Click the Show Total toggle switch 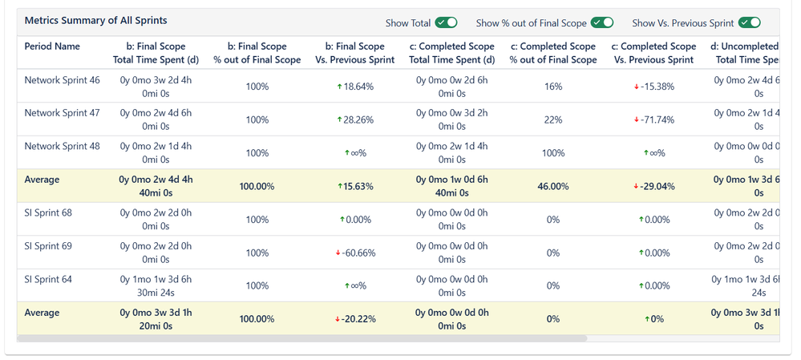[446, 22]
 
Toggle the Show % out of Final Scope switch [602, 22]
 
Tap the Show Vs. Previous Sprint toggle [749, 22]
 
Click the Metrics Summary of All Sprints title [96, 20]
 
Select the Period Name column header [52, 47]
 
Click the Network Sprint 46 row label [62, 80]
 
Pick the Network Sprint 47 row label [62, 113]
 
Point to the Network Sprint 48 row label [62, 147]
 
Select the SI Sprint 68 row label [48, 212]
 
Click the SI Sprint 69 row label [48, 246]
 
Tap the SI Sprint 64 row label [48, 279]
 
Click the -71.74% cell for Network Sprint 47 [653, 120]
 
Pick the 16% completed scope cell [552, 87]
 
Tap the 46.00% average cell [552, 186]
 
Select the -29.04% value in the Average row [653, 186]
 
